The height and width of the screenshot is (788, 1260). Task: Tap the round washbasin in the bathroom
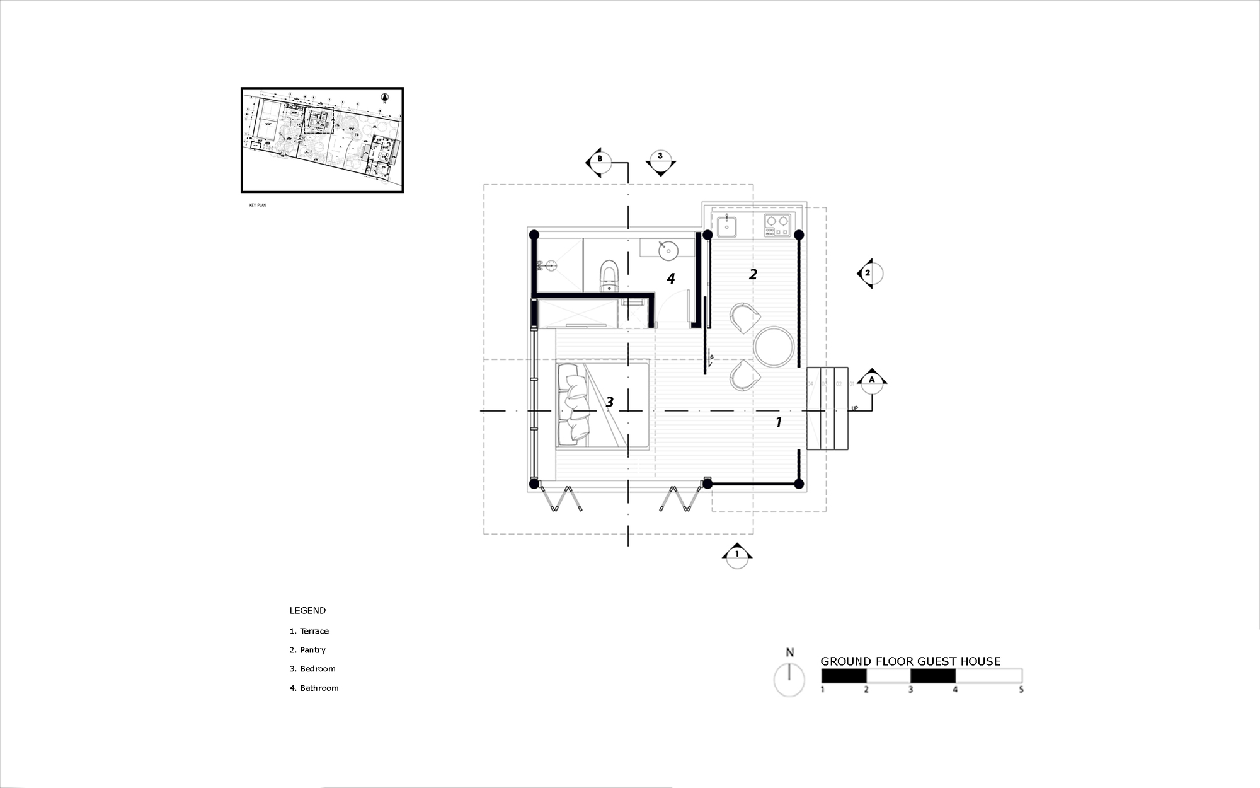pyautogui.click(x=667, y=250)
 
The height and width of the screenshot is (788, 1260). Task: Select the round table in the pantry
pyautogui.click(x=772, y=347)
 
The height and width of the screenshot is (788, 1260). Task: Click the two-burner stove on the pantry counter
pyautogui.click(x=777, y=225)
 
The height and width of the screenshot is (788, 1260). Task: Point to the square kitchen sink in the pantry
pyautogui.click(x=727, y=226)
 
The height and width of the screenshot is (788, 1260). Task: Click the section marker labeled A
pyautogui.click(x=872, y=380)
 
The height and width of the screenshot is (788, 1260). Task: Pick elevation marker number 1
pyautogui.click(x=736, y=555)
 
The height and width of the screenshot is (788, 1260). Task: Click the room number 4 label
pyautogui.click(x=671, y=278)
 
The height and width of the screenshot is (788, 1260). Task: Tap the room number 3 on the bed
pyautogui.click(x=609, y=402)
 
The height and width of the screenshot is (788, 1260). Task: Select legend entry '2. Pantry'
pyautogui.click(x=307, y=650)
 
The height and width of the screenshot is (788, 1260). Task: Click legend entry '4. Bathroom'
pyautogui.click(x=314, y=688)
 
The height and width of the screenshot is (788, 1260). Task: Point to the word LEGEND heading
pyautogui.click(x=307, y=610)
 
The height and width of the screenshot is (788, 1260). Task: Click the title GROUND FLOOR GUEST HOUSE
pyautogui.click(x=910, y=661)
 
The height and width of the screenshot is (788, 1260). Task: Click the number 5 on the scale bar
pyautogui.click(x=1021, y=690)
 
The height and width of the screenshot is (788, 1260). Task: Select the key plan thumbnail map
pyautogui.click(x=322, y=140)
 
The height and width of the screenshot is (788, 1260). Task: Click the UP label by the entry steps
pyautogui.click(x=855, y=408)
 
